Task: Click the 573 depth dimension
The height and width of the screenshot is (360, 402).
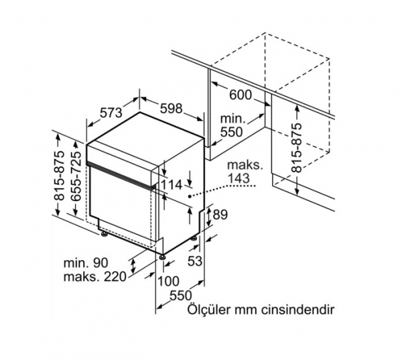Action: [111, 113]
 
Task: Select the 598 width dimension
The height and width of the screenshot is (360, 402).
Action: [172, 109]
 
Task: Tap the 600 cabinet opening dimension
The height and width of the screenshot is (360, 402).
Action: [241, 95]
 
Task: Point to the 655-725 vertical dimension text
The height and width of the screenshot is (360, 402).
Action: [76, 176]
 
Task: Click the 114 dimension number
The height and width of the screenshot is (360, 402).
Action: [172, 184]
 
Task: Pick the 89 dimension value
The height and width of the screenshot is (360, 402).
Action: [220, 215]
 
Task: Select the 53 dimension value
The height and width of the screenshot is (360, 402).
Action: [195, 261]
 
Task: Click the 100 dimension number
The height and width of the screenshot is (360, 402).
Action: [168, 281]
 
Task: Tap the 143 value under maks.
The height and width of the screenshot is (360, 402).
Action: [239, 178]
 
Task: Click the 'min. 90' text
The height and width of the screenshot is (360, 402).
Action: [86, 263]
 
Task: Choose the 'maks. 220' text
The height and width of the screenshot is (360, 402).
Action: [95, 277]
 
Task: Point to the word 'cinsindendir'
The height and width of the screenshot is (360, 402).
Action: [297, 310]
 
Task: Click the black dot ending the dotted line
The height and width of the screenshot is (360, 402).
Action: [190, 196]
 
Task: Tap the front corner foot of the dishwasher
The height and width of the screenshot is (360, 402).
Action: [161, 257]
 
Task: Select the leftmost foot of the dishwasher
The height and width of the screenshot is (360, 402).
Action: [104, 234]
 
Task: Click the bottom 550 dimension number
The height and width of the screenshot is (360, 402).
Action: [181, 296]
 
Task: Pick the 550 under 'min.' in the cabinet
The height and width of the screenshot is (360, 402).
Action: [231, 132]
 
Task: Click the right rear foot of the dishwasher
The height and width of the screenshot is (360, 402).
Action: [194, 238]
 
